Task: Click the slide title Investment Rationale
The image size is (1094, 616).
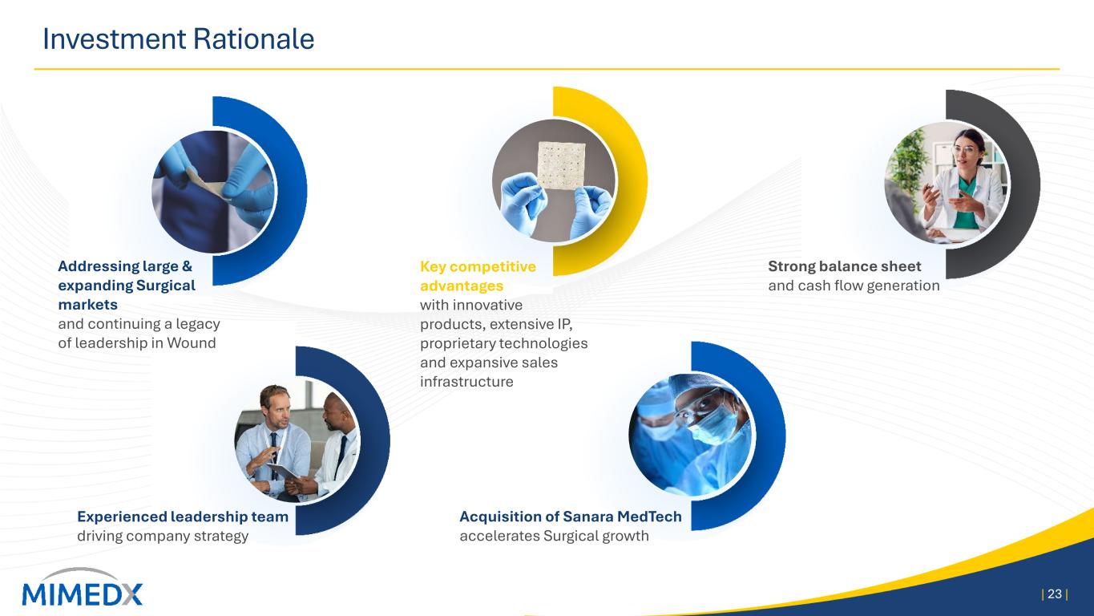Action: pos(178,39)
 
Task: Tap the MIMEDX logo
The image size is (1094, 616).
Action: pos(82,587)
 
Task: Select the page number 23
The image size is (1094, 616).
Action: pos(1055,594)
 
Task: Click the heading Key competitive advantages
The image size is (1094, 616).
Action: pos(478,276)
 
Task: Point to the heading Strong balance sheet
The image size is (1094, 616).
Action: pos(845,266)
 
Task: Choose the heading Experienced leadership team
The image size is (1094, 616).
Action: pos(183,517)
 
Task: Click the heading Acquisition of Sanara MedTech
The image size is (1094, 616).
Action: pos(571,517)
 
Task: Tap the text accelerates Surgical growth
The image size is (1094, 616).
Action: pos(555,536)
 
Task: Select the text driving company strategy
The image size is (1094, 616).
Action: pos(163,536)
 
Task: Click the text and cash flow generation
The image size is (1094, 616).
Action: pos(854,286)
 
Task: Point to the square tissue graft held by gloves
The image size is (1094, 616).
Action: pos(561,165)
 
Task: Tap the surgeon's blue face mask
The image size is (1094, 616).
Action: pos(713,423)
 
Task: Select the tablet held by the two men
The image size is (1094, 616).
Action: pos(282,472)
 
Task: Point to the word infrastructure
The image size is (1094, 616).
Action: pos(466,381)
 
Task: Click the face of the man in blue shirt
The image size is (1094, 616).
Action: pos(274,409)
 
